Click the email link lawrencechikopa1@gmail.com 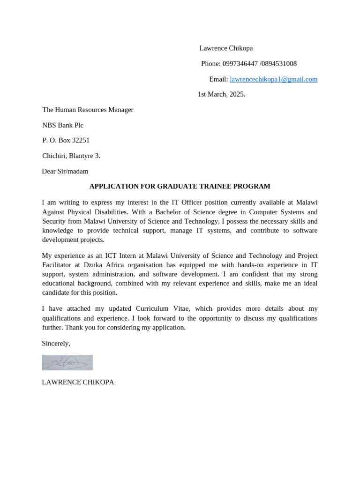click(x=273, y=79)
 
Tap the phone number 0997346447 click(x=240, y=64)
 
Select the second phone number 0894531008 click(x=279, y=64)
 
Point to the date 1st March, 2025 click(x=221, y=94)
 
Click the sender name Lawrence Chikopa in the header click(x=226, y=48)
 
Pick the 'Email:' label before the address click(x=218, y=79)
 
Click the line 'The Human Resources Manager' click(x=88, y=110)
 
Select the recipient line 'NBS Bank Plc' click(x=63, y=125)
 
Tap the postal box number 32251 click(x=81, y=140)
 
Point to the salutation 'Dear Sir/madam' click(x=65, y=171)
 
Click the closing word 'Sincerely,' click(x=56, y=343)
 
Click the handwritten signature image click(x=67, y=363)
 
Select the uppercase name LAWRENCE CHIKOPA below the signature click(x=78, y=382)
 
